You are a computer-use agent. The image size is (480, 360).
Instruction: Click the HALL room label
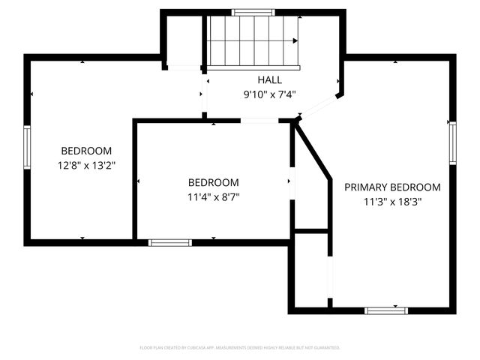point(270,80)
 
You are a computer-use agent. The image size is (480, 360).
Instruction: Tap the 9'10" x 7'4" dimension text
point(270,94)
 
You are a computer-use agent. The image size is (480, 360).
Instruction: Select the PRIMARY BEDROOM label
point(392,187)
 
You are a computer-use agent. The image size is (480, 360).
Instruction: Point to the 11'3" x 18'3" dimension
point(392,201)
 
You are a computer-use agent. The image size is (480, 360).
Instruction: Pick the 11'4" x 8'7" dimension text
point(214,196)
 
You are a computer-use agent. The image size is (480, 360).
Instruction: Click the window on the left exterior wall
point(27,147)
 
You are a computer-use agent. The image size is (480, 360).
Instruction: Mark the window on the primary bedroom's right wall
point(452,142)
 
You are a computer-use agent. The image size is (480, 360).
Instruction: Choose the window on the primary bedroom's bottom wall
point(386,310)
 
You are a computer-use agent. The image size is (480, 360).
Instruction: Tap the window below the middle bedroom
point(169,242)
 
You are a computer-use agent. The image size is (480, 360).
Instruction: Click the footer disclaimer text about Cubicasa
point(240,348)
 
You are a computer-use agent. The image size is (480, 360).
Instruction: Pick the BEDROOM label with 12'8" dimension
point(86,151)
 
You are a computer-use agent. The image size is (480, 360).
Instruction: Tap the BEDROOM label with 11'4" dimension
point(214,183)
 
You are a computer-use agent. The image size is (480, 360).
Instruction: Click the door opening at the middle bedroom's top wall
point(259,120)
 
